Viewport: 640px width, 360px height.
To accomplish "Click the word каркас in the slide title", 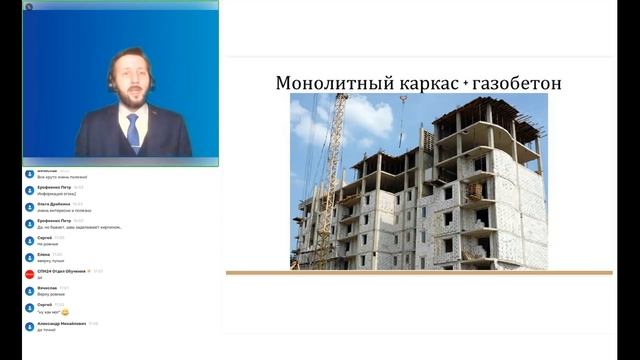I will [416, 83].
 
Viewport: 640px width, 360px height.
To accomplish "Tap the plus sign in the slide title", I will [465, 84].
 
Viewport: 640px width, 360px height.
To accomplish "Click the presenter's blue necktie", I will [133, 133].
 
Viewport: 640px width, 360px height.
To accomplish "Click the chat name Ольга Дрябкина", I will [53, 204].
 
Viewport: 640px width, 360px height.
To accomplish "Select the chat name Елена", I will [43, 255].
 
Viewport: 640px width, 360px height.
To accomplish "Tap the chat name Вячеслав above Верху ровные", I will [48, 288].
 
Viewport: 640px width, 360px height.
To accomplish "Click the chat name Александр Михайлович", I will [60, 323].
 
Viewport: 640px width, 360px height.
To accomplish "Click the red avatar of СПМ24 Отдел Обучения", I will [29, 273].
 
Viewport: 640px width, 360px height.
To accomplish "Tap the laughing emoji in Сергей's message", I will [65, 312].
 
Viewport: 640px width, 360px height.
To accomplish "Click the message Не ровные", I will [47, 243].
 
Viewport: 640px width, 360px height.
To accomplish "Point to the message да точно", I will [46, 329].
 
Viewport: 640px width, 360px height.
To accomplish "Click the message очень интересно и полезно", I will [63, 210].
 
